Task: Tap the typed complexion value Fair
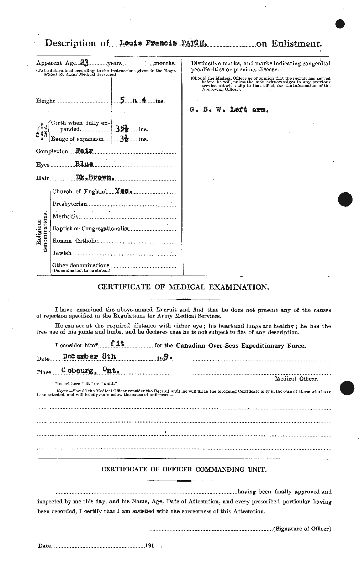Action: [84, 151]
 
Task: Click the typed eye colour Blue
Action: [84, 164]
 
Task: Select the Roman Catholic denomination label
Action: [75, 241]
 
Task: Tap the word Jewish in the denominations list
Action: [62, 253]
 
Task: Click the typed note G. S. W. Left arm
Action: [229, 110]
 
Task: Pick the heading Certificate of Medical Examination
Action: [183, 287]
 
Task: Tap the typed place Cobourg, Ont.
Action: [90, 372]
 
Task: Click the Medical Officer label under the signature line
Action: [296, 379]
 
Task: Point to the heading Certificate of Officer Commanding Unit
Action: [184, 469]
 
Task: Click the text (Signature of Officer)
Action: [302, 529]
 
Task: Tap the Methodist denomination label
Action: [66, 216]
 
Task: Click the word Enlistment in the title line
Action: [297, 43]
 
